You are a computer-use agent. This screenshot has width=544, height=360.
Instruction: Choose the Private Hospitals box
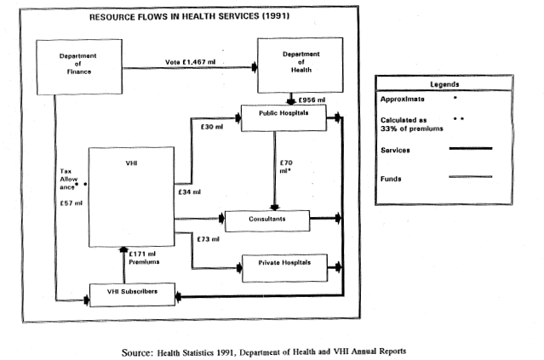[x=285, y=265]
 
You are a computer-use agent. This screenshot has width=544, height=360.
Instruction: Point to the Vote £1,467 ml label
[x=197, y=62]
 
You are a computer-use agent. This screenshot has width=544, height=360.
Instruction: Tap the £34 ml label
[x=190, y=192]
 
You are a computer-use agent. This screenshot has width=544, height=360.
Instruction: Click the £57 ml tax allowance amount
[x=72, y=203]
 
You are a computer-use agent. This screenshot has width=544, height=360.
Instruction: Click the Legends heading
[x=444, y=84]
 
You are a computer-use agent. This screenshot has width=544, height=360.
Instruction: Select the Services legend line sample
[x=470, y=148]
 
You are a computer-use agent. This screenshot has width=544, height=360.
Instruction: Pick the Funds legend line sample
[x=470, y=178]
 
